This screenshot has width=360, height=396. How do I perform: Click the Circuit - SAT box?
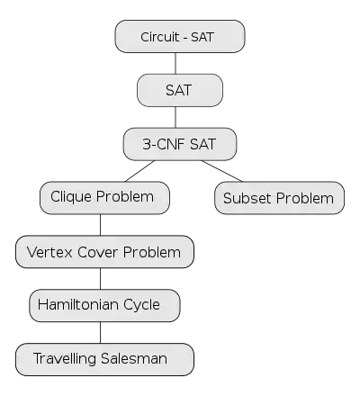click(x=180, y=37)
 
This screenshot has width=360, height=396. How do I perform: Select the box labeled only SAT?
click(x=180, y=90)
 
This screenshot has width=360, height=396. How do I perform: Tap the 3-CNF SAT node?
click(x=180, y=144)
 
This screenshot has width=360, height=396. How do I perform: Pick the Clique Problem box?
click(x=104, y=198)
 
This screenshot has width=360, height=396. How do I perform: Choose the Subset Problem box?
click(x=280, y=198)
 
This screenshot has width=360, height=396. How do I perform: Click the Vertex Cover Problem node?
click(x=104, y=252)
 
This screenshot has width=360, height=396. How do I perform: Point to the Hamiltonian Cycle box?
click(x=104, y=305)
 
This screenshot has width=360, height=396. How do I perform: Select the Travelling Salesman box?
click(x=104, y=359)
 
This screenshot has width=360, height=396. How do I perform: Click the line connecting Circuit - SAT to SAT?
click(x=175, y=64)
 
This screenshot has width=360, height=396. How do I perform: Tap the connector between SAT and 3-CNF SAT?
click(x=175, y=117)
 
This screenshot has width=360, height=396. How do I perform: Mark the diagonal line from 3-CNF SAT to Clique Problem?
click(x=139, y=171)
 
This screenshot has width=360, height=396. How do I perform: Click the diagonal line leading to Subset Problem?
click(x=222, y=171)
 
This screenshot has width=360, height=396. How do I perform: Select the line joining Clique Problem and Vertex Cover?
click(x=100, y=225)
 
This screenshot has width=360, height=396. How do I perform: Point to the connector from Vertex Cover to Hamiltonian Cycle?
click(x=100, y=279)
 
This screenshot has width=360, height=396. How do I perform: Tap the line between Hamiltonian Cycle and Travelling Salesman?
click(x=100, y=332)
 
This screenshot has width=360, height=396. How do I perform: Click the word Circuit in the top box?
click(x=160, y=37)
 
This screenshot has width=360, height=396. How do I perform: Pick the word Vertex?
click(x=49, y=252)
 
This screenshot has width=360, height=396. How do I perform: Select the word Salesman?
click(x=134, y=358)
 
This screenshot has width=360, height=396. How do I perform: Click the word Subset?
click(x=247, y=198)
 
